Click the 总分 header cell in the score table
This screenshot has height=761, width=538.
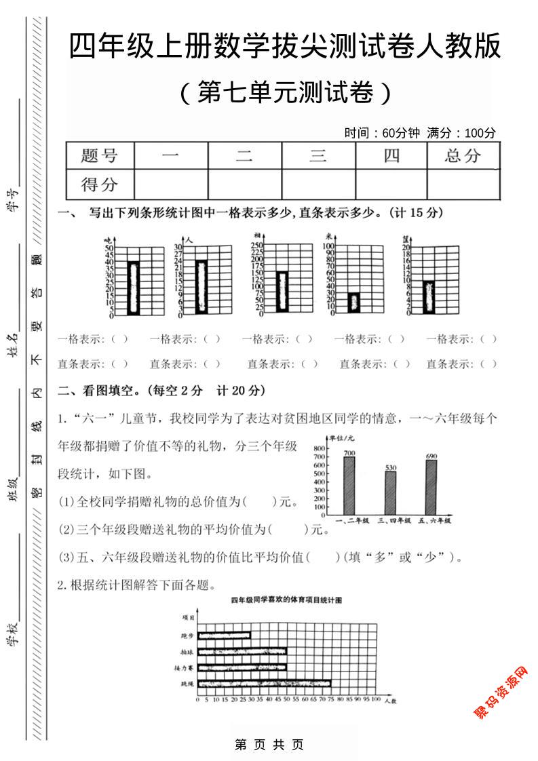[463, 156]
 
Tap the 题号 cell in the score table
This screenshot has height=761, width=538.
[99, 156]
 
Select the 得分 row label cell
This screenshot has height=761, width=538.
[99, 184]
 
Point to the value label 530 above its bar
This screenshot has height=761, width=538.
[391, 468]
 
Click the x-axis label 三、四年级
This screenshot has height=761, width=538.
[391, 520]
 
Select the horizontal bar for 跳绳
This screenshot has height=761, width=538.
[264, 684]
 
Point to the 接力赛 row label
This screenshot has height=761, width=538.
[187, 668]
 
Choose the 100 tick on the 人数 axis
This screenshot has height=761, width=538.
[375, 699]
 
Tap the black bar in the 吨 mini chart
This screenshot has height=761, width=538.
[134, 288]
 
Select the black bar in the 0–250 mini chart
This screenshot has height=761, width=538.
[282, 292]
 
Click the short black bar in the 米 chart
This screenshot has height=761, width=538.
[353, 303]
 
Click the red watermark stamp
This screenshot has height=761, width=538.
[500, 692]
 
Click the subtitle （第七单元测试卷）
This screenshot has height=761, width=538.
[286, 93]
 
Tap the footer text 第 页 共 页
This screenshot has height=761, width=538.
[269, 744]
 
